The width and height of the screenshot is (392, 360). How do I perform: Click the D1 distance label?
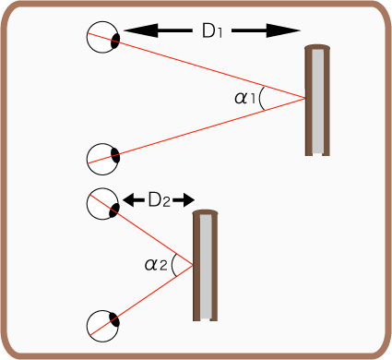(212, 30)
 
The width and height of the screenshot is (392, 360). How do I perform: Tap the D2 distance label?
(159, 200)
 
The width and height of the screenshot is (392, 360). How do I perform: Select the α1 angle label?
(245, 99)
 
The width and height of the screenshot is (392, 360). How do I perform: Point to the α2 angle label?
(156, 265)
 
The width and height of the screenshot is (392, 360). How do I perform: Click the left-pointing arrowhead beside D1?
(141, 30)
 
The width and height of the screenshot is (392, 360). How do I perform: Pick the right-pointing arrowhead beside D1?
(283, 30)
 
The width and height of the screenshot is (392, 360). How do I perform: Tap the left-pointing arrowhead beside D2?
(129, 200)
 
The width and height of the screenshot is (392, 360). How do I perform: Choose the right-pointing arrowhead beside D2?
(188, 200)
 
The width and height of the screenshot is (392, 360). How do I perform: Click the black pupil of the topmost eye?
(115, 42)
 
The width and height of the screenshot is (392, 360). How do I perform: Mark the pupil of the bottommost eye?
(114, 320)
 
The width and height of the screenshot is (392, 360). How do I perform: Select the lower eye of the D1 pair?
(102, 159)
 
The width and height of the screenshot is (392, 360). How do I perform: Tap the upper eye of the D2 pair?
(102, 204)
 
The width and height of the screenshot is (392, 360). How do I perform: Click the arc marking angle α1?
(260, 99)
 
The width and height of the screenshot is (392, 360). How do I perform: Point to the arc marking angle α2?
(172, 265)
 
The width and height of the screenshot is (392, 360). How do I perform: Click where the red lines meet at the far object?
(305, 98)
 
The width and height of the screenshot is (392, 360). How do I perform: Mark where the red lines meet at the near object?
(193, 265)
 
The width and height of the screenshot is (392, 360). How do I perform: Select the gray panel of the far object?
(318, 102)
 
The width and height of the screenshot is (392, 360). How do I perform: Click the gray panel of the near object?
(206, 267)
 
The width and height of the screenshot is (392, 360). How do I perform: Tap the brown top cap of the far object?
(317, 47)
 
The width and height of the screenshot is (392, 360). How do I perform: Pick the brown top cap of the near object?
(206, 212)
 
